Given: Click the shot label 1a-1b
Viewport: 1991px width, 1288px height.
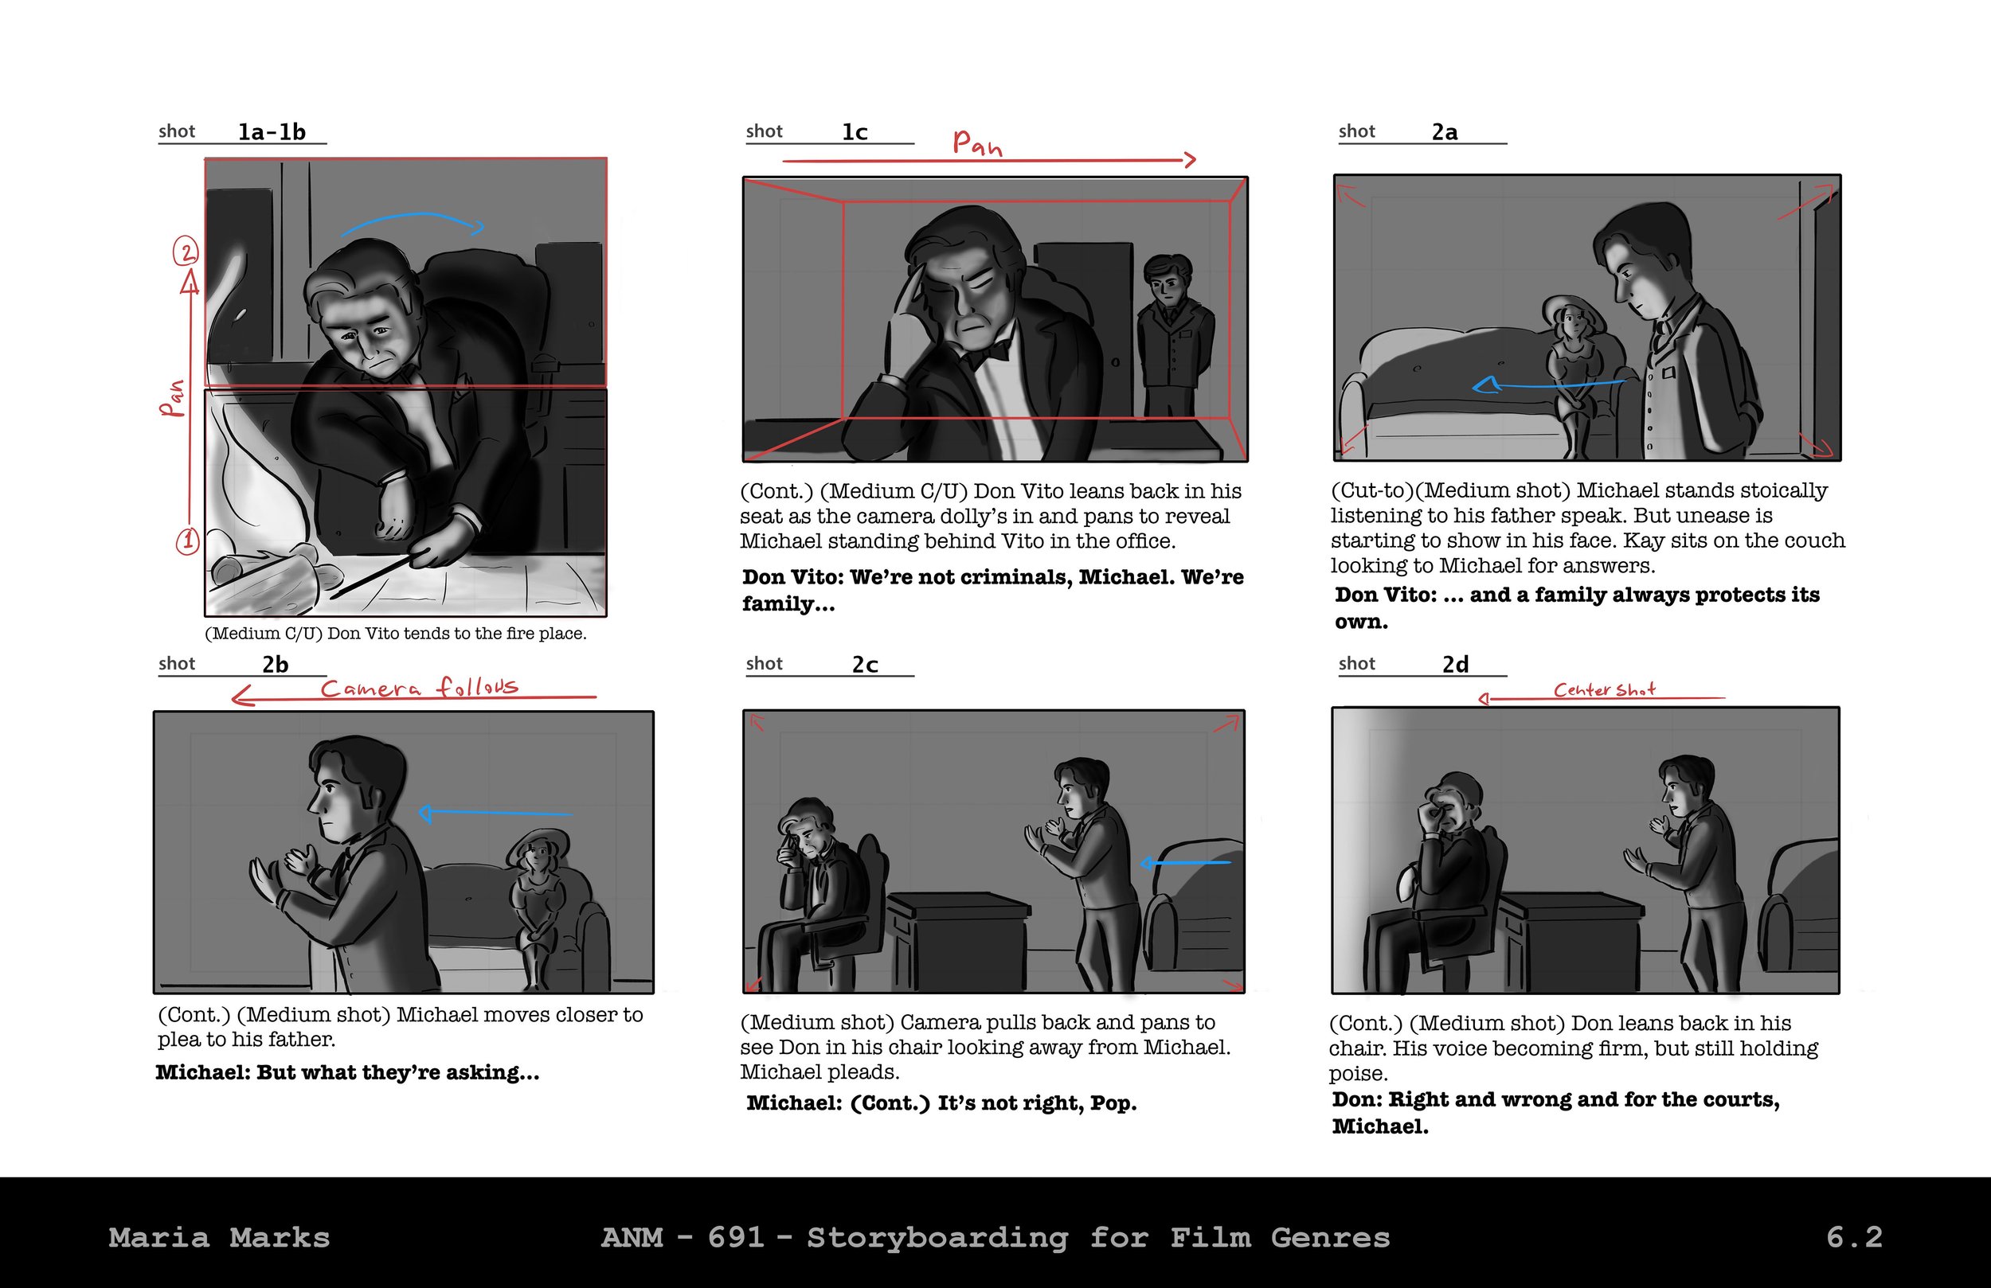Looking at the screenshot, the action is pyautogui.click(x=272, y=131).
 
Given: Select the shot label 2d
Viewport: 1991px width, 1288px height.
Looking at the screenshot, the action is pyautogui.click(x=1455, y=664).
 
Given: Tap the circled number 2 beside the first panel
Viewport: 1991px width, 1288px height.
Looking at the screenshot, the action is pyautogui.click(x=186, y=251).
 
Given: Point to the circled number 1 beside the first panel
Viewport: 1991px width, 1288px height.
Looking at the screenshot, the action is pyautogui.click(x=187, y=541).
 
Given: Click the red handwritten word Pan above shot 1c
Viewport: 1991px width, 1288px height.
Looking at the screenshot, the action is pyautogui.click(x=977, y=143).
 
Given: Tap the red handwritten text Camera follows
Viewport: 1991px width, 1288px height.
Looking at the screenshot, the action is pyautogui.click(x=419, y=688).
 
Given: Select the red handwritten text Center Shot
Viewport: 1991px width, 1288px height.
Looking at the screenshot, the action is pyautogui.click(x=1604, y=689).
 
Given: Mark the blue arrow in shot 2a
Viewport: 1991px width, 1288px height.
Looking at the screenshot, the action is pyautogui.click(x=1548, y=384).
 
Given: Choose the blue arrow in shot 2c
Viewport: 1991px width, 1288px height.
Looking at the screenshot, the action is pyautogui.click(x=1185, y=862).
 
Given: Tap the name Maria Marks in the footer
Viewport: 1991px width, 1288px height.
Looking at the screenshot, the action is pyautogui.click(x=219, y=1237).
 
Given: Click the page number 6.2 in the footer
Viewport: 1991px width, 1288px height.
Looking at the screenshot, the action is pyautogui.click(x=1854, y=1237).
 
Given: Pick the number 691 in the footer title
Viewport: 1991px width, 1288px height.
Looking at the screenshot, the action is pyautogui.click(x=736, y=1237).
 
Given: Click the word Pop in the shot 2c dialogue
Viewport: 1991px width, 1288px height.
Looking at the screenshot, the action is pyautogui.click(x=1113, y=1103).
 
